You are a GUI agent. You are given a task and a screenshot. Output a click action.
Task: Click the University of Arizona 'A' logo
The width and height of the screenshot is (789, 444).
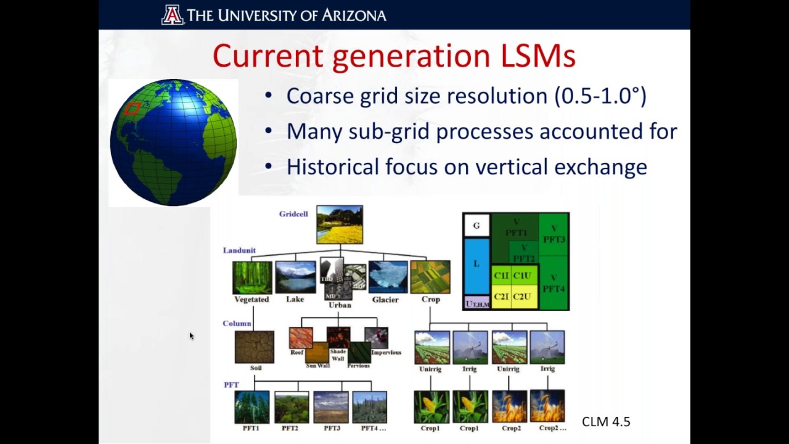click(173, 14)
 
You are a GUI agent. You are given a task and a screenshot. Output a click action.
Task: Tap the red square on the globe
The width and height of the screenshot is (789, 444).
click(132, 109)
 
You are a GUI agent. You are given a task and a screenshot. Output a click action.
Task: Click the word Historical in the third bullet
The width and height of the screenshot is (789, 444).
click(332, 166)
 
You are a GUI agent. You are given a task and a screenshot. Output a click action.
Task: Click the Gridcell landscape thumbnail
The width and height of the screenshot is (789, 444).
click(340, 224)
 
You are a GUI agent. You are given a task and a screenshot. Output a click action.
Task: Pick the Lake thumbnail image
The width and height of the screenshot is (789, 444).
click(295, 277)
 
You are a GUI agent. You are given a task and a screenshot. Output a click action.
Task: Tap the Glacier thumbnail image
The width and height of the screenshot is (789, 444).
click(388, 277)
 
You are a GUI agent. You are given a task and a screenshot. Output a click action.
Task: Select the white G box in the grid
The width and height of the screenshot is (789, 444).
click(476, 226)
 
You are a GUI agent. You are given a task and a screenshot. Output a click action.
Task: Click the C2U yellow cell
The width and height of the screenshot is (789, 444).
click(521, 297)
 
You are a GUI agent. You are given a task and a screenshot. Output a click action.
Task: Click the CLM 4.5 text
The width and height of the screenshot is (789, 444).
click(606, 422)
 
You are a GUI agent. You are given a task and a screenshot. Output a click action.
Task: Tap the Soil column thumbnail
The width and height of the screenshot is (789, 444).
click(255, 347)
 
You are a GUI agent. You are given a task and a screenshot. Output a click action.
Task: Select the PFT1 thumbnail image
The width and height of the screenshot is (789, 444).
click(251, 407)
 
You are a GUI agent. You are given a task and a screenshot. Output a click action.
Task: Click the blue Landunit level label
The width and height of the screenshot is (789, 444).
click(239, 250)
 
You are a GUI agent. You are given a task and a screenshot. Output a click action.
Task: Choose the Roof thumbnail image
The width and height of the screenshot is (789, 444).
click(300, 338)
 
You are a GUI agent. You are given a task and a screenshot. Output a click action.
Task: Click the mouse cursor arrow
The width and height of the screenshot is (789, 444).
click(191, 335)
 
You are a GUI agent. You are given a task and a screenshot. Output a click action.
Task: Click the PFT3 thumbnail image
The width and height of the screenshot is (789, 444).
click(331, 407)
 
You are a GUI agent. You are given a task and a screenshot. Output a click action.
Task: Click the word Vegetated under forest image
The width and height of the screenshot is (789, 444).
click(251, 300)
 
